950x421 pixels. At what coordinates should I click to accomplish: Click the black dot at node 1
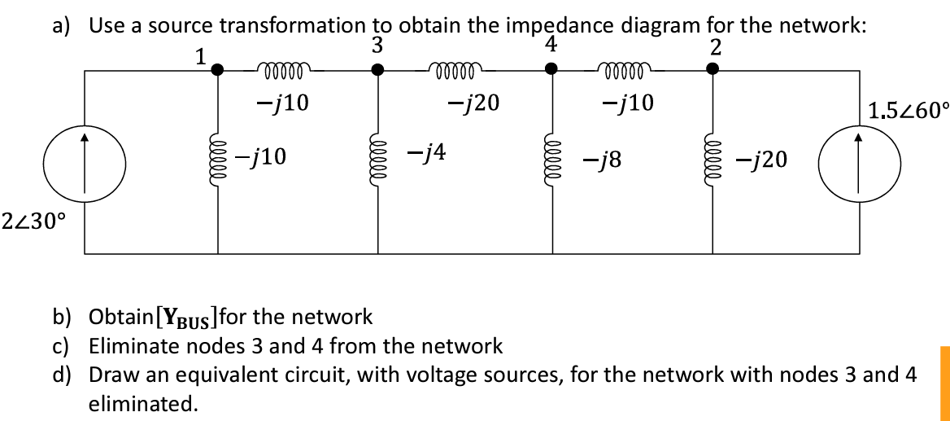pos(217,70)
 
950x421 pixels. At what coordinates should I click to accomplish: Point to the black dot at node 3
pos(377,70)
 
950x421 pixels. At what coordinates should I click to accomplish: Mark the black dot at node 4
pos(551,70)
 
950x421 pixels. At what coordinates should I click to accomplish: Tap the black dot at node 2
pos(712,70)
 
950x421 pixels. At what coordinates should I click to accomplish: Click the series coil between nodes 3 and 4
pos(460,70)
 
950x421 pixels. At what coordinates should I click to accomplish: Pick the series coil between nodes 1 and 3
pos(282,70)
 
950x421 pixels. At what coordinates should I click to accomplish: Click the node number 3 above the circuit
pos(377,46)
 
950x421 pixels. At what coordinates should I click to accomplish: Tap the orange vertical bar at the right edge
pos(944,378)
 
